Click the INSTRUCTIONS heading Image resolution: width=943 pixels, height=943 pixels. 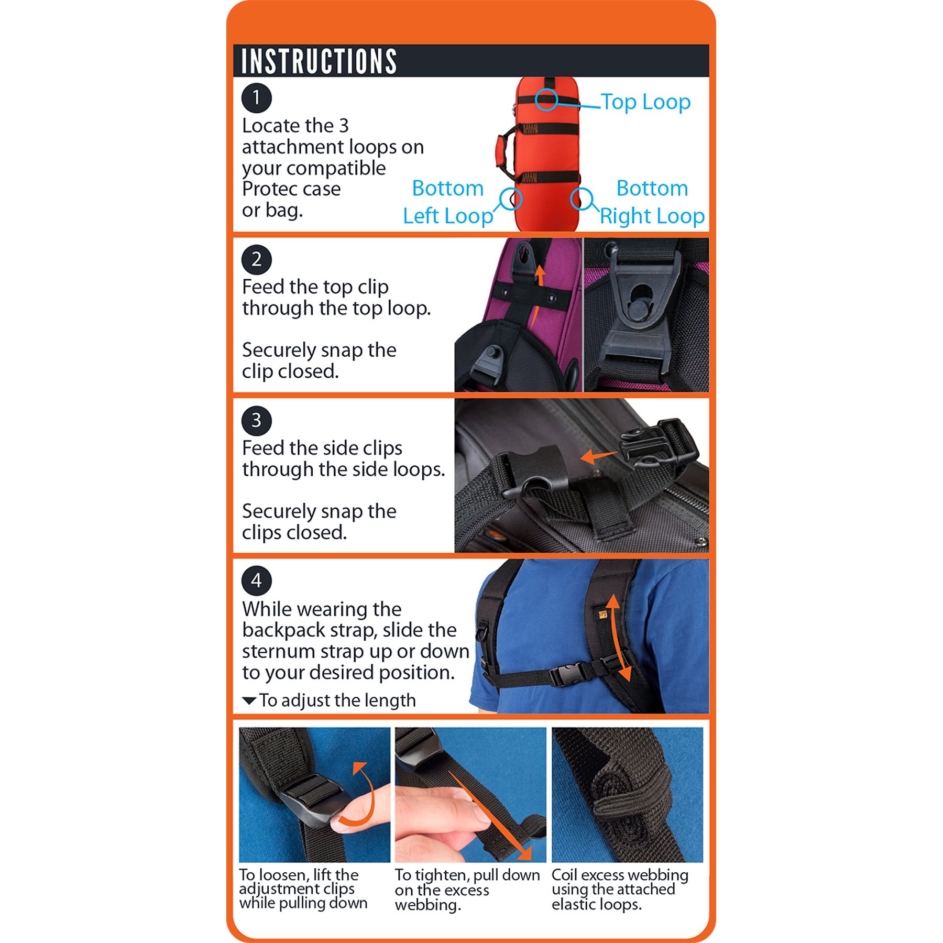319,61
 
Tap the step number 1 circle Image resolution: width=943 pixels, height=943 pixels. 256,98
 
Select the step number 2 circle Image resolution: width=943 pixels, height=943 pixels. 256,259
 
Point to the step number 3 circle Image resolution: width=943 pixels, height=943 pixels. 256,420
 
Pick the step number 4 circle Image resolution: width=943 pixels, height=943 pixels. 256,580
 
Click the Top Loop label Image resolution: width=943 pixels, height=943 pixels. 645,102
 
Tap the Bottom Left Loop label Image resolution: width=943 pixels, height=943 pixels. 448,202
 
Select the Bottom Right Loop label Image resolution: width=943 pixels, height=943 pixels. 652,202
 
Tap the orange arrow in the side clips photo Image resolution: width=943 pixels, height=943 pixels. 599,456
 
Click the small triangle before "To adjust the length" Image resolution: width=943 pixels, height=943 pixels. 249,700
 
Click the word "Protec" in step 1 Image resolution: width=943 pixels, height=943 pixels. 267,189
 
